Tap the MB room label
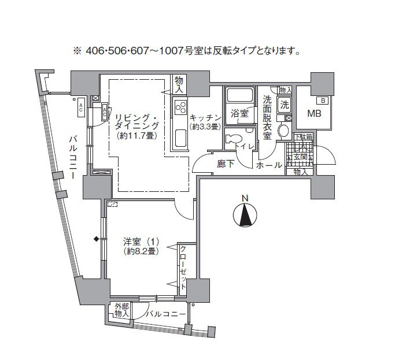coord(314,113)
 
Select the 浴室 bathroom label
coord(240,113)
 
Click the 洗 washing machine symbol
coord(284,105)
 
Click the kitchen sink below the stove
coord(180,138)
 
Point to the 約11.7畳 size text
coord(138,136)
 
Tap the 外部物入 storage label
coord(120,310)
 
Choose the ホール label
coord(270,165)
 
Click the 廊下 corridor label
coord(225,164)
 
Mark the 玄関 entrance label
coord(301,157)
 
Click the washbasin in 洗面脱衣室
coord(283,131)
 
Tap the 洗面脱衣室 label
coord(267,117)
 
